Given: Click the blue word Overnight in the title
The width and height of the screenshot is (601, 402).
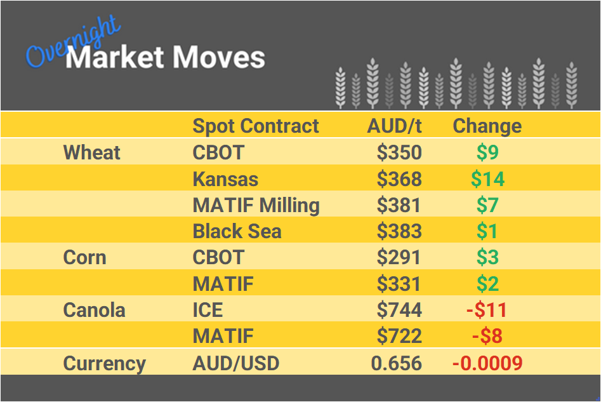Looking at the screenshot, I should click(x=71, y=42).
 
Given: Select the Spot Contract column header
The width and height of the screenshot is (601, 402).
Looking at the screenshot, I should click(x=256, y=126).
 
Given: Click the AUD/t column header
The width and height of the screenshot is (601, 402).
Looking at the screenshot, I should click(x=394, y=126).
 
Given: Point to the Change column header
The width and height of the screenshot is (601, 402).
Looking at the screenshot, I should click(x=487, y=126).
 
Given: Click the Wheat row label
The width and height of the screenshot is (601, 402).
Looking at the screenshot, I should click(x=92, y=152).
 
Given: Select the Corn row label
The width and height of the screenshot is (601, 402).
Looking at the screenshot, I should click(x=84, y=257).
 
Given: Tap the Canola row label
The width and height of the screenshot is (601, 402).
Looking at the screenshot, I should click(x=94, y=310).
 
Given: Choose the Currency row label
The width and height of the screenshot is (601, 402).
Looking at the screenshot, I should click(x=104, y=363).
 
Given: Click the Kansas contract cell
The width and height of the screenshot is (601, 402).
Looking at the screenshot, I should click(x=225, y=179).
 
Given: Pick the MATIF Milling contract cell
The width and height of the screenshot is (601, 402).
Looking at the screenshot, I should click(x=256, y=205).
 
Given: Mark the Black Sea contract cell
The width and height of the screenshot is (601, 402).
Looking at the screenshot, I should click(x=237, y=231).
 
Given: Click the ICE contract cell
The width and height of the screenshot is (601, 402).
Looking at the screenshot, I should click(x=208, y=310).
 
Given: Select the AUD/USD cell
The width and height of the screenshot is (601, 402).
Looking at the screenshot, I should click(x=235, y=363).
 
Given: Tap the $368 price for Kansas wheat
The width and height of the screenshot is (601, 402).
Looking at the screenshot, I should click(x=399, y=179).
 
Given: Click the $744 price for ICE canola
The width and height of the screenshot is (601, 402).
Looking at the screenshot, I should click(x=399, y=310).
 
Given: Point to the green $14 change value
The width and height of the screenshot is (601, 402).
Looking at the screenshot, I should click(x=487, y=179).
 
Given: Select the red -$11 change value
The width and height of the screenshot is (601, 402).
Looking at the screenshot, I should click(x=487, y=310).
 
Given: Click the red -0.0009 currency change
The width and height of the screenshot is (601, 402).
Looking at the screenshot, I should click(x=487, y=363).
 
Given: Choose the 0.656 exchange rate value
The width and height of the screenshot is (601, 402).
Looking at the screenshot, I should click(x=396, y=363).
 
